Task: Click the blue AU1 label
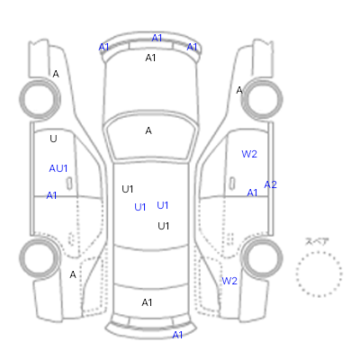coord(58,168)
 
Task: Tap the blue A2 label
coord(270,184)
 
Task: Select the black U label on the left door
coord(53,139)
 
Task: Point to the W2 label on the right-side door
coord(249,154)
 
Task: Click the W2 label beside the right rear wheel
coord(229,281)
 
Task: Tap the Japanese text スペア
coord(317,242)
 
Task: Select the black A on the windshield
coord(148,130)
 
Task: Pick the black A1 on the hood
coord(150,58)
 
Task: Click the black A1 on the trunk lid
coord(147,302)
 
